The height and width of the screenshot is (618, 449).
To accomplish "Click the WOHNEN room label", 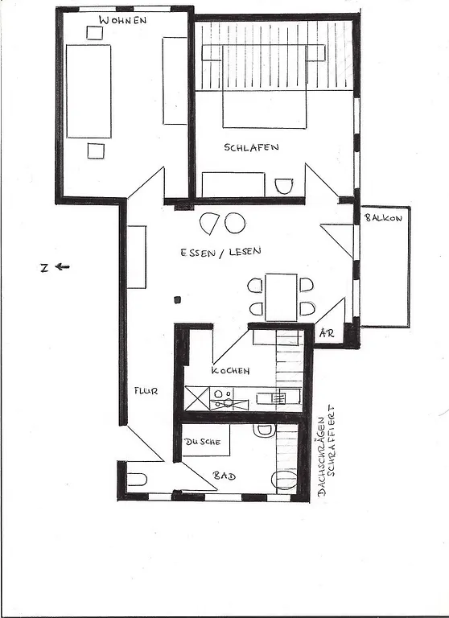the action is coord(122,19).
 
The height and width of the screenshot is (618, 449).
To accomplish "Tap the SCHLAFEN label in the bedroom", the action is coord(251,147).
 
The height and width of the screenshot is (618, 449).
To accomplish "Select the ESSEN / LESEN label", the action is coord(220,252).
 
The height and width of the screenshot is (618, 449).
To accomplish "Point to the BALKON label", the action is coord(383,217).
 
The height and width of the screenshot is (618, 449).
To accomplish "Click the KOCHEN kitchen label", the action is coord(231,370).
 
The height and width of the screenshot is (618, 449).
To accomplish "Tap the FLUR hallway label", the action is coord(146,391).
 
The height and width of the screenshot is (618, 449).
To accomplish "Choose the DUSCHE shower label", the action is coord(203,442).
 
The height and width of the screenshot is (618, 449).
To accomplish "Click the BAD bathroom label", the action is coord(224,476).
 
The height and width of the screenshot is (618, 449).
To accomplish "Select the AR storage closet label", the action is coord(327,333).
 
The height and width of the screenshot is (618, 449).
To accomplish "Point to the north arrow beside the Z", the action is coord(62,267).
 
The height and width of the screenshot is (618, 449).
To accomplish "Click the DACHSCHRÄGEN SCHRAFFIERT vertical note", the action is coord(326,450).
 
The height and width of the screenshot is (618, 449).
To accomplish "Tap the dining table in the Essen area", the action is coord(281,297).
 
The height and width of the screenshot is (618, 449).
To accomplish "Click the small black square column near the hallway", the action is coord(177,300).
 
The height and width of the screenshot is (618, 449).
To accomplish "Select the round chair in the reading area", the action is coord(235,223).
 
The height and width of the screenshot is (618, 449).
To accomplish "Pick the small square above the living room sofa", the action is coord(95,33).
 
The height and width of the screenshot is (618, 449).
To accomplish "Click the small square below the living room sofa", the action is coord(96,151).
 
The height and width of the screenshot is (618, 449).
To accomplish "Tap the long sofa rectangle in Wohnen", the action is coord(89,92).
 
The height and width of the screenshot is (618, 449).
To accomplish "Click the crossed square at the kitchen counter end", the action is coord(197,398).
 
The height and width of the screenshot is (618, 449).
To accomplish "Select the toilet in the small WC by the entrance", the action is coord(137,480).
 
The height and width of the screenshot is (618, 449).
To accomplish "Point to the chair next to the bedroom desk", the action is coord(284,186).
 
